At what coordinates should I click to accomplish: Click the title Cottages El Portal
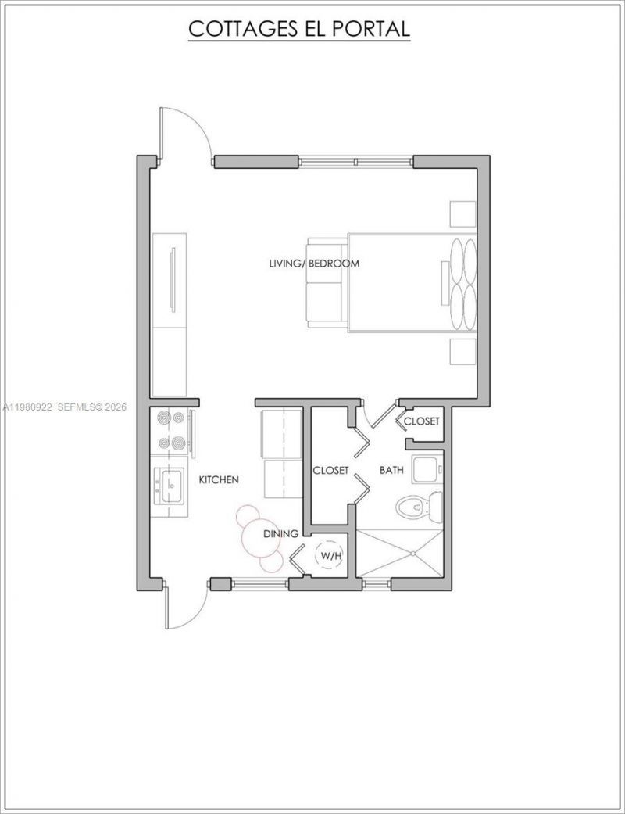299,29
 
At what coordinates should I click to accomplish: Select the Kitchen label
219,479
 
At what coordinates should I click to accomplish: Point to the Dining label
280,534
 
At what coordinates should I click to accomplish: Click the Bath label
391,470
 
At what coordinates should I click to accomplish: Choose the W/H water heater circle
327,556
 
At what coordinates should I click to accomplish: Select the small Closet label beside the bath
422,421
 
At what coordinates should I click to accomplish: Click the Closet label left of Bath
330,470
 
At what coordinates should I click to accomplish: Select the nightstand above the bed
461,213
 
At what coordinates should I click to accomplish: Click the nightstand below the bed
461,353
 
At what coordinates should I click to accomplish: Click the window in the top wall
355,162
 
